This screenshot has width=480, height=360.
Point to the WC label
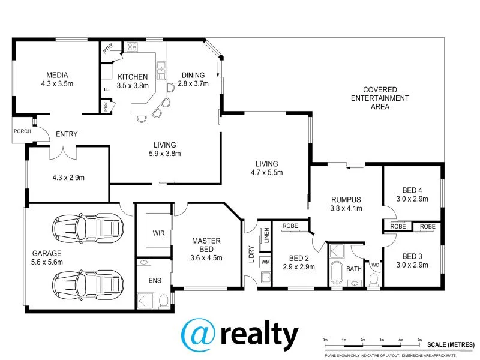(x=374, y=265)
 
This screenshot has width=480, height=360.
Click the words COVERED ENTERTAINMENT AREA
(x=379, y=98)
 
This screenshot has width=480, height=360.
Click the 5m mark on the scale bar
(x=419, y=341)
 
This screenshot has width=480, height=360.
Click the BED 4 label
(x=412, y=190)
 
